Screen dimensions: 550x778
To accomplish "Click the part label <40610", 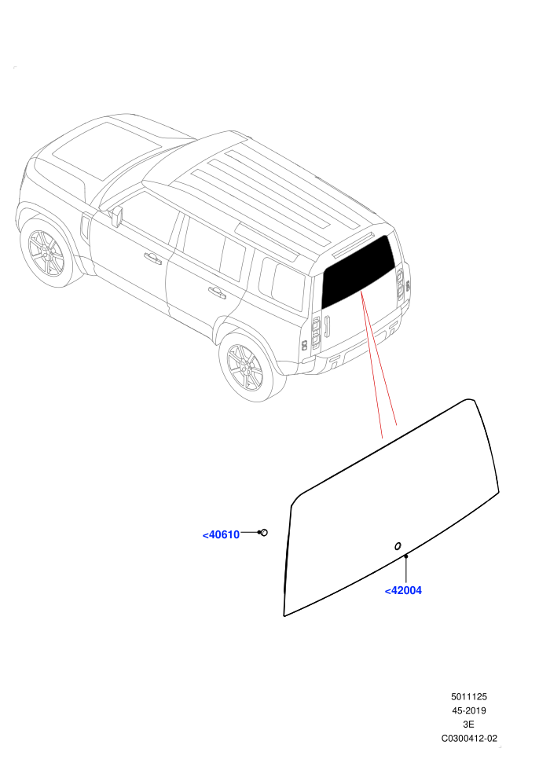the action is [x=222, y=535].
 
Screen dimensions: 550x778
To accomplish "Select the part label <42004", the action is [x=403, y=590].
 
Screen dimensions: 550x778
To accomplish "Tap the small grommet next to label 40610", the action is [x=264, y=532].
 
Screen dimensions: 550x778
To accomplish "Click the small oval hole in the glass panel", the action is [x=398, y=546].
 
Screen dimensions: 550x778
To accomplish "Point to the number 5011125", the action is [x=468, y=696].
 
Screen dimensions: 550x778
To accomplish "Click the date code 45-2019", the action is [x=468, y=710].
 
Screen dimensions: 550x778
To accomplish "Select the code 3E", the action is [x=468, y=725].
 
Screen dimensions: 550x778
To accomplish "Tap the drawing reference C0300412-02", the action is [x=468, y=738].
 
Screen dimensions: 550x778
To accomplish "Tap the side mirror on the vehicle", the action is [x=117, y=216].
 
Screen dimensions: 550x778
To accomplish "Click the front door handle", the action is [x=152, y=258].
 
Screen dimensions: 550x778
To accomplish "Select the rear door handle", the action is [x=217, y=293].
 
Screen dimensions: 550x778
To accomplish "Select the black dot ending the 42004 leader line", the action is [x=405, y=557].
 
